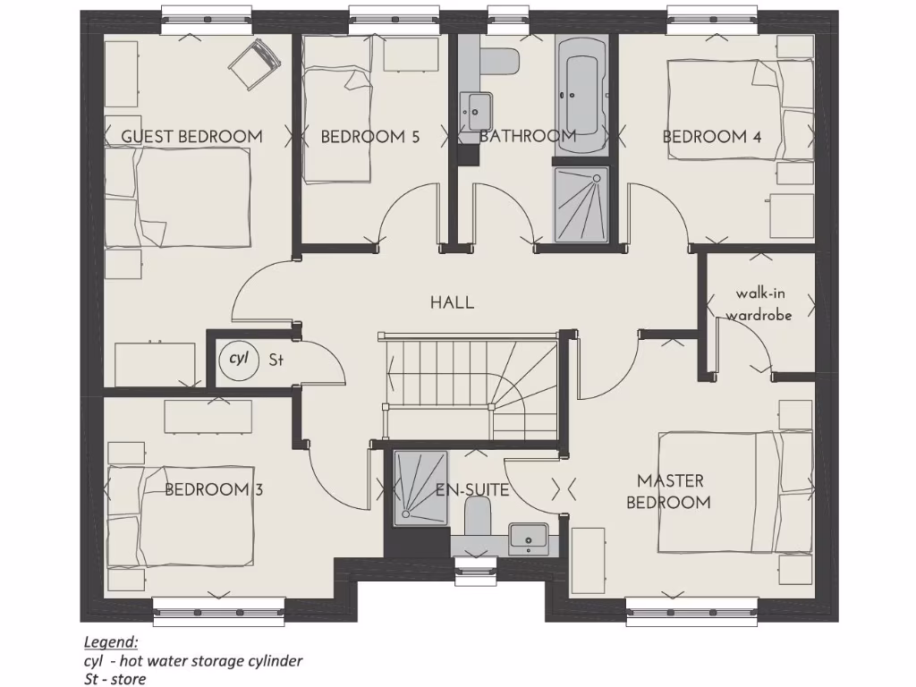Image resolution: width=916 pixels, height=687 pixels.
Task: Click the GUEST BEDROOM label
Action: [x=191, y=137]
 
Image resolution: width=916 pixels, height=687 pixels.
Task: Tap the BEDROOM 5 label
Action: [x=369, y=137]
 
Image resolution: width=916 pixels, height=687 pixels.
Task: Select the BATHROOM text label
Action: [x=527, y=137]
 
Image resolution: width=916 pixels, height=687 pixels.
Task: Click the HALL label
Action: [x=452, y=302]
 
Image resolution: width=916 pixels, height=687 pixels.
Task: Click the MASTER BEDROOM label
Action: [x=668, y=492]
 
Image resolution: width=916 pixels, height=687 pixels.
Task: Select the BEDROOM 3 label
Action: [x=213, y=490]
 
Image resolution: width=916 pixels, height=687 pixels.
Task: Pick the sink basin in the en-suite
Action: [x=528, y=538]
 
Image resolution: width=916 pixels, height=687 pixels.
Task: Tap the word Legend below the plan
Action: [x=111, y=642]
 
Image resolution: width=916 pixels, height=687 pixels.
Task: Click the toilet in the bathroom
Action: [x=500, y=61]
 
